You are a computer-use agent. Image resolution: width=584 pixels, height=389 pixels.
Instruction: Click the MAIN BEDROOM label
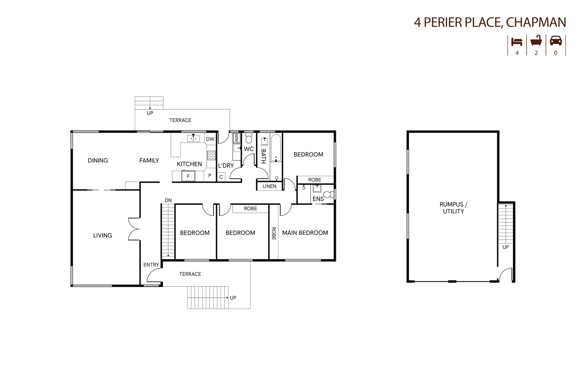[x=305, y=233]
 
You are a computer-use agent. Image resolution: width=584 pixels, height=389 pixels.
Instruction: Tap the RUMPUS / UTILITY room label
[x=453, y=208]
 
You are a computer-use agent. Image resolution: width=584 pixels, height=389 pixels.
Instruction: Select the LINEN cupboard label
[x=269, y=186]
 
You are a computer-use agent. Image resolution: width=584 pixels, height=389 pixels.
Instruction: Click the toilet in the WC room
[x=249, y=138]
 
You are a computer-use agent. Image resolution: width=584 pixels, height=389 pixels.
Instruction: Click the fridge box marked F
[x=188, y=176]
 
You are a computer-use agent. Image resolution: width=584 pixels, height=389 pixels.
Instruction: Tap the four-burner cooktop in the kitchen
[x=211, y=155]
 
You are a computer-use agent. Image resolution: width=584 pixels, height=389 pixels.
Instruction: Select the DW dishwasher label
[x=210, y=139]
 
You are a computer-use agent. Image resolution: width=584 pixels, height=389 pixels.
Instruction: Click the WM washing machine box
[x=236, y=138]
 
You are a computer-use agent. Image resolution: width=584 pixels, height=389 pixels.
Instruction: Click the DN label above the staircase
[x=168, y=200]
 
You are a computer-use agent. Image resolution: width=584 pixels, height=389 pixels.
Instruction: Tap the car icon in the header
[x=556, y=41]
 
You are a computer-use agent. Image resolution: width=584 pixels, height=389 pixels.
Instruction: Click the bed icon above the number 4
[x=517, y=41]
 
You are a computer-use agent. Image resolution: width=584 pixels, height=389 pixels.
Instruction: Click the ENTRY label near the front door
[x=151, y=265]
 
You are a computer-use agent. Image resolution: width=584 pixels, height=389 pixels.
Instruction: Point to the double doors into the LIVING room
[x=134, y=229]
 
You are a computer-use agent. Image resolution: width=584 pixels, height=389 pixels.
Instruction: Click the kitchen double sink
[x=193, y=138]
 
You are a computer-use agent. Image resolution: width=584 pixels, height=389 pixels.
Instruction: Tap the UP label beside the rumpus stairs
[x=505, y=247]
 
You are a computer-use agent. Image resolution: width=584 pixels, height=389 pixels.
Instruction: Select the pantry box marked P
[x=209, y=176]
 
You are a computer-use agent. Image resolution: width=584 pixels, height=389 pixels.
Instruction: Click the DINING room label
[x=98, y=160]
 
